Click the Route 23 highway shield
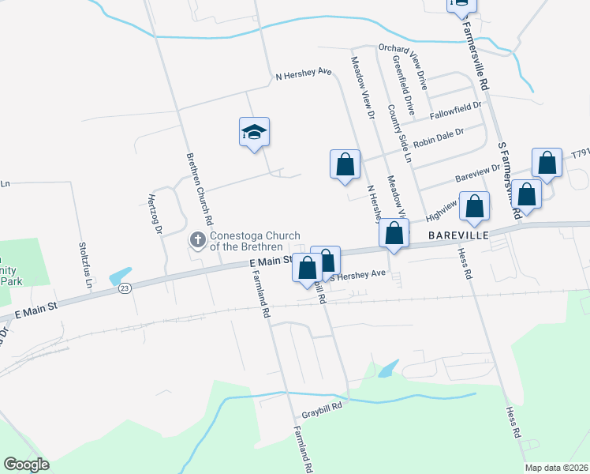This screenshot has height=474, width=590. pyautogui.click(x=125, y=289)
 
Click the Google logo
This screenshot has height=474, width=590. pyautogui.click(x=26, y=465)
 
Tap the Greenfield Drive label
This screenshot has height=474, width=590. pyautogui.click(x=404, y=88)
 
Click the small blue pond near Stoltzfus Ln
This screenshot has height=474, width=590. pyautogui.click(x=121, y=276)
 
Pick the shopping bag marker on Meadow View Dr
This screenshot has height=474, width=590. pyautogui.click(x=345, y=165)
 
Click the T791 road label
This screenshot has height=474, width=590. pyautogui.click(x=581, y=152)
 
